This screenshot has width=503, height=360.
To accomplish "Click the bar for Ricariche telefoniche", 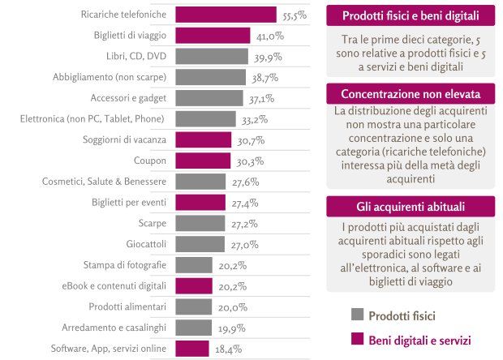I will (x=226, y=15).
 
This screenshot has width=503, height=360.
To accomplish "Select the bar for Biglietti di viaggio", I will (x=213, y=35).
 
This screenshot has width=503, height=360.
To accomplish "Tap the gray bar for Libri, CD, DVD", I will (x=211, y=56).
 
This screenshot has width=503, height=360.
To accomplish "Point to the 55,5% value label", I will (x=294, y=15).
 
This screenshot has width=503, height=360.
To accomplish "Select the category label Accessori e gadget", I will (x=131, y=98).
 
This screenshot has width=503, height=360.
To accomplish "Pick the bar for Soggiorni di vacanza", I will (x=203, y=139).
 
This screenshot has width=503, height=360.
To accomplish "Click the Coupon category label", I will (x=151, y=161).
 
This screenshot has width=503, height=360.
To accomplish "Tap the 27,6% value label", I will (x=245, y=182).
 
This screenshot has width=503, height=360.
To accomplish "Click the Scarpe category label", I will (x=152, y=223).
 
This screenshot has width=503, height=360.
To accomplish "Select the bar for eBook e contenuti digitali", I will (x=193, y=285).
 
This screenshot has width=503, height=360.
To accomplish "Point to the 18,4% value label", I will (x=228, y=349).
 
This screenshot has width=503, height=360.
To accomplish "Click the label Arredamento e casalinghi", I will (x=114, y=328).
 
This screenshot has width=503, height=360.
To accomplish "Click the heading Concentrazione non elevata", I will (x=411, y=93).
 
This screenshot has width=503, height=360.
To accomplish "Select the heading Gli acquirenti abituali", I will (x=411, y=207).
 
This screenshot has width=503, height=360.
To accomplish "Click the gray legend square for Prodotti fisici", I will (x=355, y=315).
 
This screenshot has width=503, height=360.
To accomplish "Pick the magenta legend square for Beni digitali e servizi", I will (x=355, y=340).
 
